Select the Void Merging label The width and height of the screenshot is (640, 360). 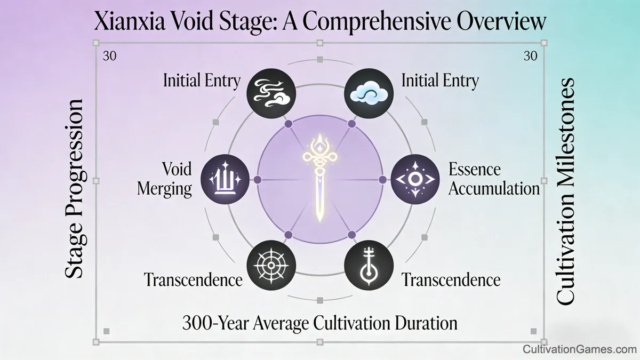click(165, 179)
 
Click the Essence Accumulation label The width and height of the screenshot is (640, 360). click(494, 179)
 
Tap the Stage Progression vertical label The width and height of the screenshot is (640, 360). click(75, 188)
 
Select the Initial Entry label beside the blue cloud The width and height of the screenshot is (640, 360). click(440, 81)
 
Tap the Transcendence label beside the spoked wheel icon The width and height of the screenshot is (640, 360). click(194, 279)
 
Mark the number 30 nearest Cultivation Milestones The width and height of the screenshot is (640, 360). click(530, 57)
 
